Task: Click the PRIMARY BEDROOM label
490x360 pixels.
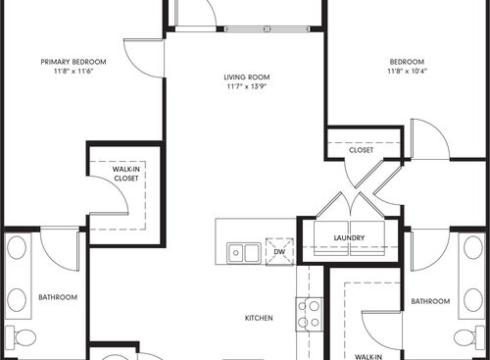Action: click(x=73, y=61)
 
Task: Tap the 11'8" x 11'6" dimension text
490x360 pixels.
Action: click(x=73, y=72)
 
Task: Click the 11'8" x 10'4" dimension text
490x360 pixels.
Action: click(x=407, y=72)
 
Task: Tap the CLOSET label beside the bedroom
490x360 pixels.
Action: click(x=362, y=150)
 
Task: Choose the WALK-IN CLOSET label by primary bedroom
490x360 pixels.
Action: click(x=125, y=174)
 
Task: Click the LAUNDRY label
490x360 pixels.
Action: click(x=349, y=237)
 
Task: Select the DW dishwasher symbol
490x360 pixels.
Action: click(x=279, y=252)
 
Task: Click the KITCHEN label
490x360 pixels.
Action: click(x=259, y=319)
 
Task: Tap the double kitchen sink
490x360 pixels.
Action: click(x=243, y=253)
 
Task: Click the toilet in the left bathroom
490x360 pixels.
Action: click(x=24, y=338)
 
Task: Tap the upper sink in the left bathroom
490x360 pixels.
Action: click(x=17, y=247)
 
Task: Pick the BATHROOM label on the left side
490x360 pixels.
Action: click(x=51, y=297)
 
